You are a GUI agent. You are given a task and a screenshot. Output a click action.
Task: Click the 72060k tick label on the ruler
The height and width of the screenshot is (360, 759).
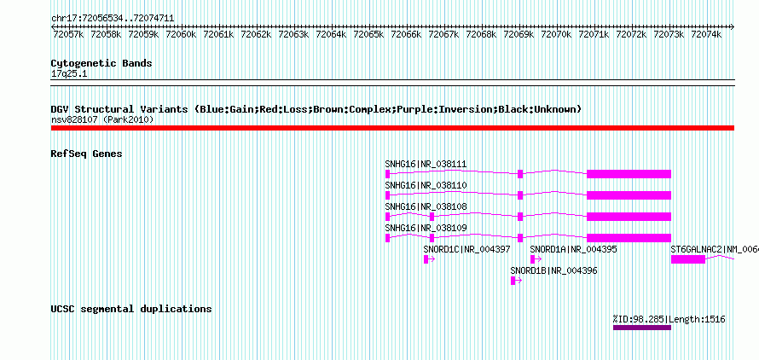tap(181, 34)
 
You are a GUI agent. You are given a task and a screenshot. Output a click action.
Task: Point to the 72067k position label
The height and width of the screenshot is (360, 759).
tap(443, 34)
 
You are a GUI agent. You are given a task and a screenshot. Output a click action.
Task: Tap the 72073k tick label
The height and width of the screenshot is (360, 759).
tap(669, 34)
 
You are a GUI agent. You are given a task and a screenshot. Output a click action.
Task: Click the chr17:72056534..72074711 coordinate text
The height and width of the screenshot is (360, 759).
tap(113, 18)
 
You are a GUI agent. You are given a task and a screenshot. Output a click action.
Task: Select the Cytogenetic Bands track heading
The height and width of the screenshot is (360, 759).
tap(101, 63)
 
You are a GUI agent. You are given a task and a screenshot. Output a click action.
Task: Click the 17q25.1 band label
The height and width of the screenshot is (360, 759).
tap(69, 73)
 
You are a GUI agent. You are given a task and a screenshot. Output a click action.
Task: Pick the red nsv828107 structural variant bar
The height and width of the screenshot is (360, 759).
tap(392, 128)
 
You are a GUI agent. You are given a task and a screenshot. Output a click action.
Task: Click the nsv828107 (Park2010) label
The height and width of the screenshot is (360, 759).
tap(102, 119)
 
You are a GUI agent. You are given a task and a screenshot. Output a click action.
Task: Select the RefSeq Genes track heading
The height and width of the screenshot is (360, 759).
tap(86, 154)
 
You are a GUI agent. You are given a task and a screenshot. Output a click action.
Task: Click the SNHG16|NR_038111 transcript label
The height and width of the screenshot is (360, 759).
tap(426, 165)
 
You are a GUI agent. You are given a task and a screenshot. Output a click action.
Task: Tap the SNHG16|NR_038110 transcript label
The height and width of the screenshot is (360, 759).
tap(426, 186)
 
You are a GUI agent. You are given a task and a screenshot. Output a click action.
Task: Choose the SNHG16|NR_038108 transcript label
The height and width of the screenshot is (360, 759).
tap(426, 207)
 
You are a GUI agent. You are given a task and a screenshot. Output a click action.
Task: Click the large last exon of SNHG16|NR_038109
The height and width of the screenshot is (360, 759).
tap(629, 238)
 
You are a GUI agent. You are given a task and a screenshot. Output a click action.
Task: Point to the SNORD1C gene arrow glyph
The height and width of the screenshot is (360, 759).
tap(429, 259)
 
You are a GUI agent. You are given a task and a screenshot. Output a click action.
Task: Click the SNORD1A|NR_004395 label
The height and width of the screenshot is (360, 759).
tap(574, 249)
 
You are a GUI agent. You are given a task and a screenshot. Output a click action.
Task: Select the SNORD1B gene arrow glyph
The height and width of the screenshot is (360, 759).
tap(516, 281)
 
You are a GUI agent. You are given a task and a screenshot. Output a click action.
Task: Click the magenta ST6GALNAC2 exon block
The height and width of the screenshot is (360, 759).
tap(688, 259)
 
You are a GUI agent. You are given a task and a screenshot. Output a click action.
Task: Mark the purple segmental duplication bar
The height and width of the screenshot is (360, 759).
tap(642, 328)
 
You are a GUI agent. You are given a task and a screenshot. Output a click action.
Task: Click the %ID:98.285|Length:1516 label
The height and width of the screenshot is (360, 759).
tap(669, 319)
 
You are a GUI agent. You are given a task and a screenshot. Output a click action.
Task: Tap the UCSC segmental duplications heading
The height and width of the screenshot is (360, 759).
tap(131, 309)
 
